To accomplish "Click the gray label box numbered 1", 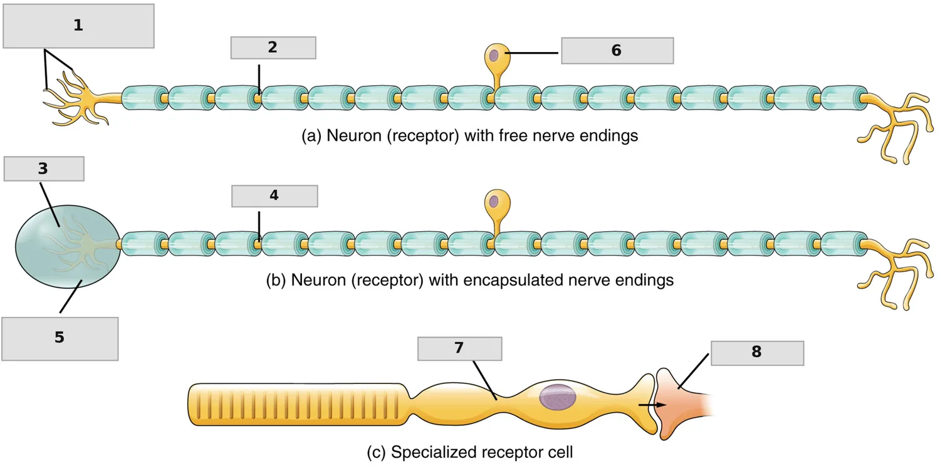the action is pyautogui.click(x=78, y=26).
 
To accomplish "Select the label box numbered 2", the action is pyautogui.click(x=273, y=48).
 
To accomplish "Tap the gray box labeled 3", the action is pyautogui.click(x=44, y=168).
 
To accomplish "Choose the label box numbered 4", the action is pyautogui.click(x=274, y=196).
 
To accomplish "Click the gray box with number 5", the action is pyautogui.click(x=60, y=338).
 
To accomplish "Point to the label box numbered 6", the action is pyautogui.click(x=617, y=51).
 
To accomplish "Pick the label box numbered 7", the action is pyautogui.click(x=459, y=348).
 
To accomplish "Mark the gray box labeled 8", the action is pyautogui.click(x=757, y=353).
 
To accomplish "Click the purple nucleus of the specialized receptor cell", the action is pyautogui.click(x=557, y=396).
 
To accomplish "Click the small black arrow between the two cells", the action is pyautogui.click(x=652, y=405).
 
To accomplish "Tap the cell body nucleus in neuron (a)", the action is pyautogui.click(x=494, y=55).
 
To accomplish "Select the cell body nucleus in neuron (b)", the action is pyautogui.click(x=494, y=201).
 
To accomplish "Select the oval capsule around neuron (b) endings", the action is pyautogui.click(x=68, y=246).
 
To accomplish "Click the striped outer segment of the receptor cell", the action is pyautogui.click(x=298, y=405).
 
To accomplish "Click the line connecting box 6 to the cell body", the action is pyautogui.click(x=531, y=53).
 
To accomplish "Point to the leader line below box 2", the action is pyautogui.click(x=259, y=80).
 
